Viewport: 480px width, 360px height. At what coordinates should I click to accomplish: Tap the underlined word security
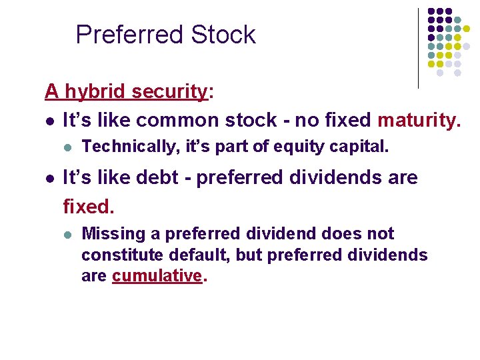pos(169,91)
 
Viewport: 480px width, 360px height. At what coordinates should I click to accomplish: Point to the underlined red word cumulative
pos(157,275)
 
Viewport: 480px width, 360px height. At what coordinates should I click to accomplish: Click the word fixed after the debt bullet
pos(89,207)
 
